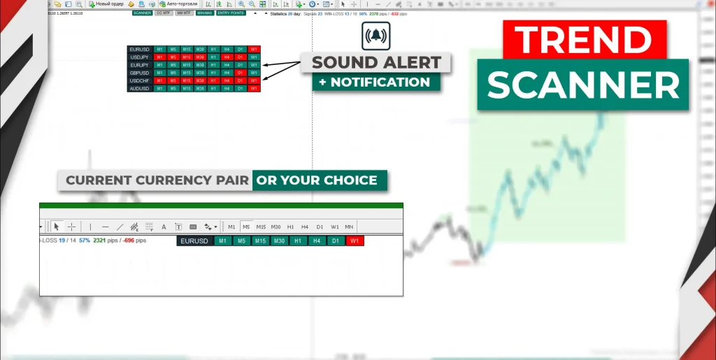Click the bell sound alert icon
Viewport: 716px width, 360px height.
[x=376, y=36]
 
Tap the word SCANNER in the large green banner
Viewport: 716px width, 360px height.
[x=583, y=85]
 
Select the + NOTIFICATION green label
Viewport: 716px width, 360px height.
[x=376, y=82]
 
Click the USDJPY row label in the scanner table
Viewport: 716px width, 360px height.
[x=139, y=57]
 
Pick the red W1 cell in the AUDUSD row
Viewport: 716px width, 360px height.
[x=254, y=88]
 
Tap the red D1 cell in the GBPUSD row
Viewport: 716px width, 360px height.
[x=241, y=73]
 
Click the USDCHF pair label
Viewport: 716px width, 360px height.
[x=139, y=80]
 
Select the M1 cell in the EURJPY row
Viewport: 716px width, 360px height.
[x=160, y=65]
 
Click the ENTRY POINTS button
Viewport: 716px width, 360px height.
[x=231, y=13]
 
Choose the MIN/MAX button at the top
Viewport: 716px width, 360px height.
[x=205, y=13]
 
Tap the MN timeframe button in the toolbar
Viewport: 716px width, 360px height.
[x=349, y=226]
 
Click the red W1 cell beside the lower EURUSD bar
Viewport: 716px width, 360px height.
[x=355, y=241]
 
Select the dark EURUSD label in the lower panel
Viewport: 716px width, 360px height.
[x=194, y=241]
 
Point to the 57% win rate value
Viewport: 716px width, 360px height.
[x=85, y=240]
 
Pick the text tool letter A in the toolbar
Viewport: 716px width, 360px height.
[x=164, y=226]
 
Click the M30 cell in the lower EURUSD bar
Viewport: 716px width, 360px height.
[x=279, y=241]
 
